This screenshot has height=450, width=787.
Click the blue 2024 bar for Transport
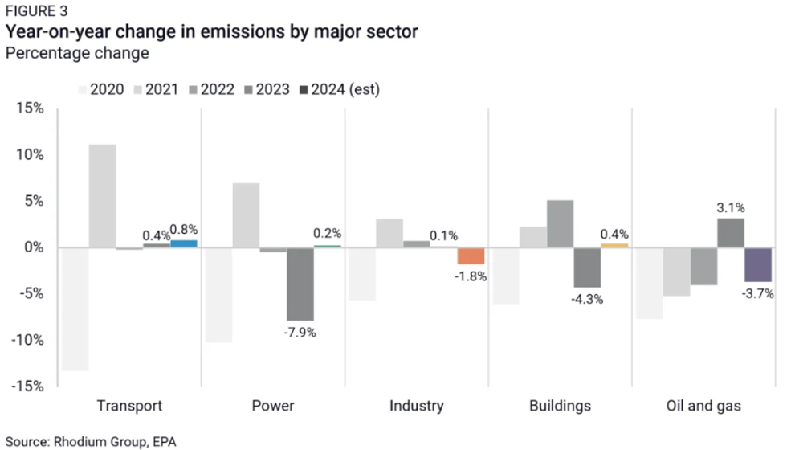[x=184, y=243]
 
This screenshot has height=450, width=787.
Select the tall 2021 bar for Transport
[x=102, y=196]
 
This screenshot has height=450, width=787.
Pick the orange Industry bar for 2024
[x=471, y=256]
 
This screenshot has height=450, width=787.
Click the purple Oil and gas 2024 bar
[x=758, y=264]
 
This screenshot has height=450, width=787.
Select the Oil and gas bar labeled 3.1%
[x=731, y=233]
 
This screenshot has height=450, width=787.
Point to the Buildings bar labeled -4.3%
[x=587, y=268]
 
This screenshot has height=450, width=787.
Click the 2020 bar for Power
[x=218, y=295]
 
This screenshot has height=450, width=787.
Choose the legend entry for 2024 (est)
[x=339, y=89]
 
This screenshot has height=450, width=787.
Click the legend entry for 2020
[x=100, y=89]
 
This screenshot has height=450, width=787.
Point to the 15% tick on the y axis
[x=29, y=108]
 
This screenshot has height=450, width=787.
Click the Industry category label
[x=416, y=406]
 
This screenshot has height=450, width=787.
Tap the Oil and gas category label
[x=703, y=406]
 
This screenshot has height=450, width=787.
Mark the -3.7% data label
[x=758, y=294]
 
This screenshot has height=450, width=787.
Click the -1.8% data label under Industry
[x=471, y=277]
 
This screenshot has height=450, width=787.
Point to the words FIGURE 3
[x=37, y=12]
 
